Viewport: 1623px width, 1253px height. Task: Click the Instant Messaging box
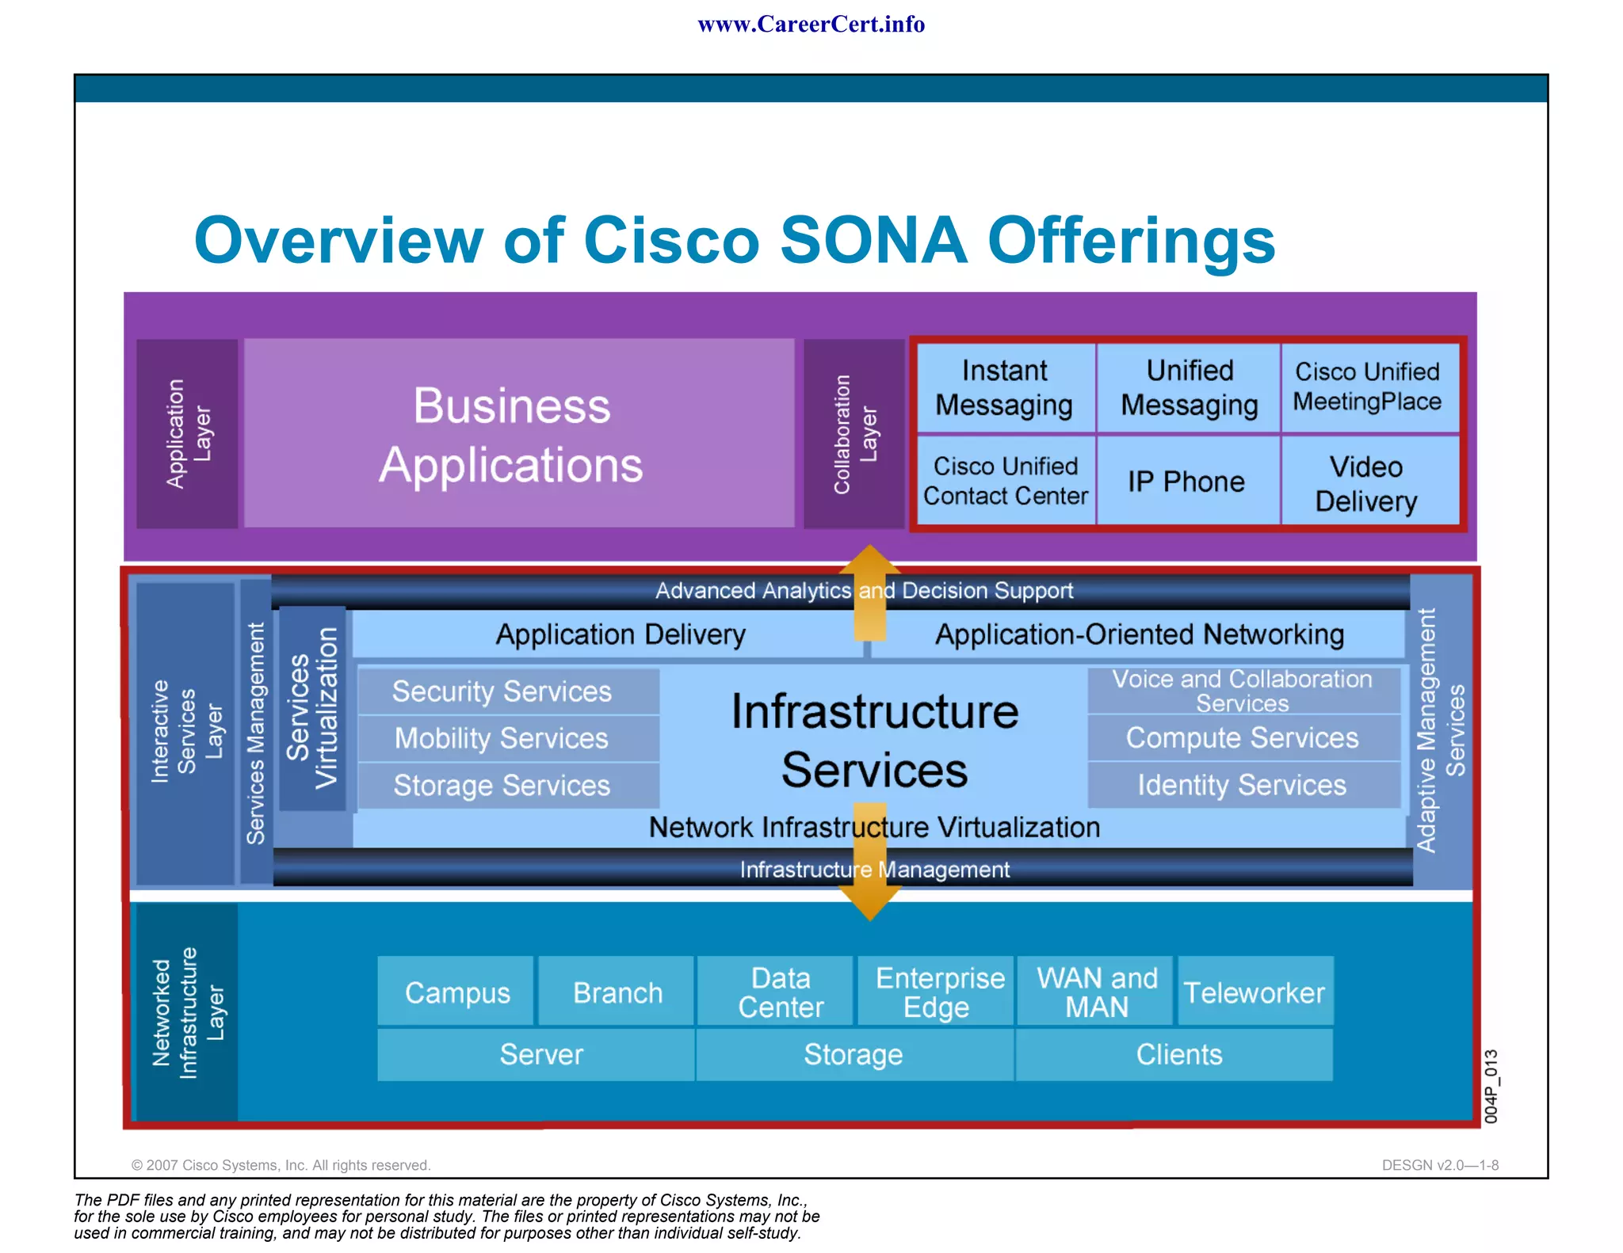click(1004, 388)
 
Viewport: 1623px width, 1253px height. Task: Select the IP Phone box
click(1186, 482)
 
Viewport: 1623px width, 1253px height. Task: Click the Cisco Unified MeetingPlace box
click(1367, 387)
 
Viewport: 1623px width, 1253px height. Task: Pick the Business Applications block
click(512, 434)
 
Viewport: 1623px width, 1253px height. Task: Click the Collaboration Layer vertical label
click(854, 434)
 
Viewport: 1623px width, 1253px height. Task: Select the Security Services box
click(502, 691)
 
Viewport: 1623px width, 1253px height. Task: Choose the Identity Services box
click(1242, 785)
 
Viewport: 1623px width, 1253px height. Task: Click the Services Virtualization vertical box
click(312, 708)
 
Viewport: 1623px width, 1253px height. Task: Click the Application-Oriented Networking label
click(1140, 634)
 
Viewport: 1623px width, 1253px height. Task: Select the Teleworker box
click(1254, 992)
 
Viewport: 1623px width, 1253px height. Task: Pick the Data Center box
click(780, 992)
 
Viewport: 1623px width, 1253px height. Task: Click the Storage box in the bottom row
click(853, 1054)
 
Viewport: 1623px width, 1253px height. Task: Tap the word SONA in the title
click(873, 241)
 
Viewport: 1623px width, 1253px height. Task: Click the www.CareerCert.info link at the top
click(811, 25)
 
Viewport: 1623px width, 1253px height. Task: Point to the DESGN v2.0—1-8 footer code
click(1439, 1165)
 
